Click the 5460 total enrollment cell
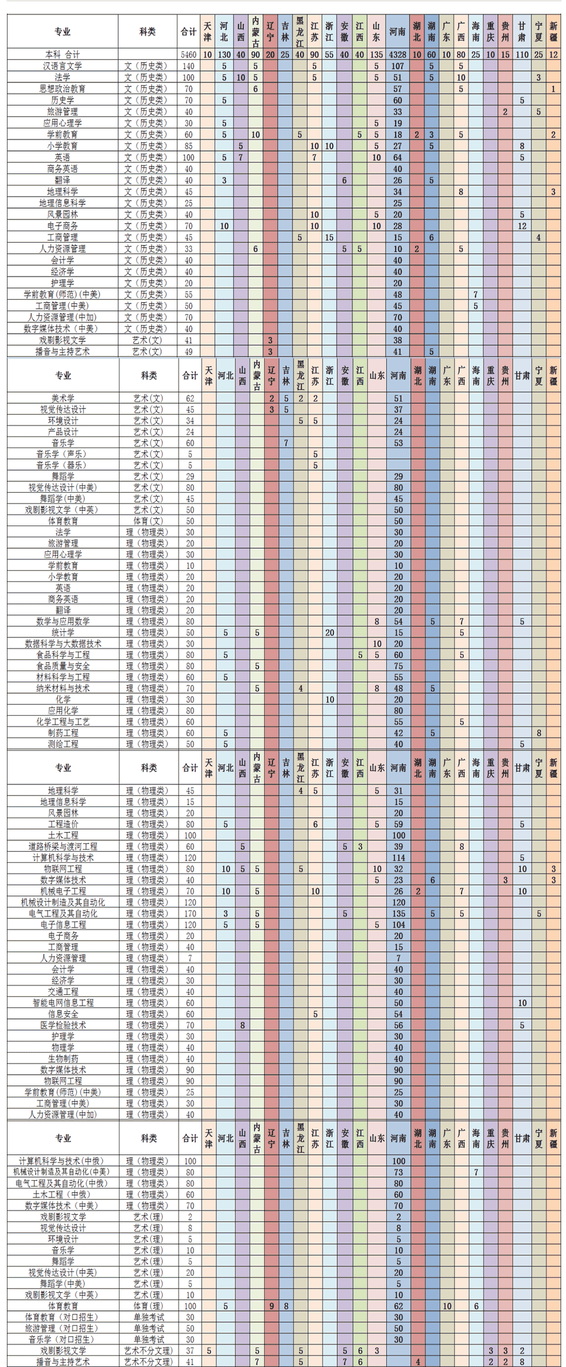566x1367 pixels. tap(189, 55)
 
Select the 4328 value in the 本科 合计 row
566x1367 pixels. tap(397, 55)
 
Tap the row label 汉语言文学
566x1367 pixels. tap(63, 66)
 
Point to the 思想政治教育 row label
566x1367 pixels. tap(63, 89)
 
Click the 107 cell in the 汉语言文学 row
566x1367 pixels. tap(397, 66)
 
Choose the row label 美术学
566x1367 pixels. tap(63, 398)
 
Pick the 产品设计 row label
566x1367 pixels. tap(63, 432)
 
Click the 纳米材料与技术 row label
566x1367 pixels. tap(63, 688)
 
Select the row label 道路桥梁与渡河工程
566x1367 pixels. tap(63, 847)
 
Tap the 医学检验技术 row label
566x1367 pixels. tap(63, 1025)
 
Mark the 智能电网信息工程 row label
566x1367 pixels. tap(63, 1003)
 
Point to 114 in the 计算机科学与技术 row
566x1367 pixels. tap(398, 858)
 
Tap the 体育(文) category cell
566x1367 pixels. tap(148, 521)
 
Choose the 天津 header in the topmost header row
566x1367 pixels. tap(208, 31)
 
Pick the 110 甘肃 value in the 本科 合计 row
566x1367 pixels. tap(522, 55)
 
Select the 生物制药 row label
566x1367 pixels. tap(63, 1058)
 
